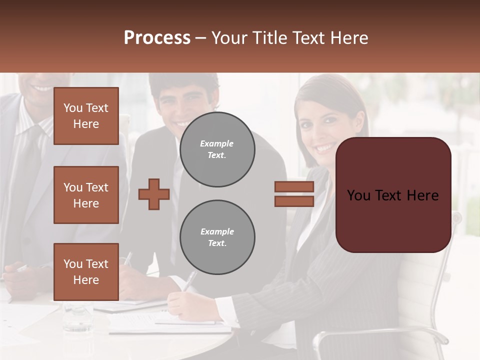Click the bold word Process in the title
click(x=157, y=38)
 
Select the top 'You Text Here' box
click(x=86, y=116)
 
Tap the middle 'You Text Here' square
click(x=86, y=195)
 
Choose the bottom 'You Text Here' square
click(x=86, y=271)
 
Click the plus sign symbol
click(x=154, y=194)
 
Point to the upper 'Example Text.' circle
click(x=217, y=149)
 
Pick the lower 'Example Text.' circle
click(x=217, y=237)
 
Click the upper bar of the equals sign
click(x=294, y=186)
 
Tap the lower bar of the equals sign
click(x=294, y=201)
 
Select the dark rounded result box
click(x=393, y=194)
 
